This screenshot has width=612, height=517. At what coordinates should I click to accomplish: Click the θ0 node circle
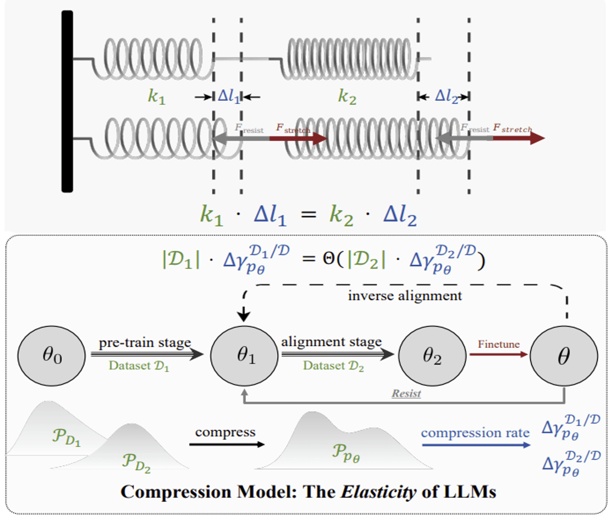pyautogui.click(x=51, y=356)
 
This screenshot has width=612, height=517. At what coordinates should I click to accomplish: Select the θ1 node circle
pyautogui.click(x=244, y=356)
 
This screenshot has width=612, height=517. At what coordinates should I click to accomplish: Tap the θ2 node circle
pyautogui.click(x=432, y=356)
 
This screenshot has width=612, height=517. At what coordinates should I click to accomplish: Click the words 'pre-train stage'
pyautogui.click(x=145, y=342)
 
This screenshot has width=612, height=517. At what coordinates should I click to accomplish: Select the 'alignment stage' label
pyautogui.click(x=331, y=342)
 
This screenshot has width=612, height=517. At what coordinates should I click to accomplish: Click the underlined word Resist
pyautogui.click(x=407, y=393)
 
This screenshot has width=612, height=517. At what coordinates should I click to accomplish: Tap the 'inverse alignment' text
pyautogui.click(x=405, y=296)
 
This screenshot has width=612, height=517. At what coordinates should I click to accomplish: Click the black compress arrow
pyautogui.click(x=227, y=445)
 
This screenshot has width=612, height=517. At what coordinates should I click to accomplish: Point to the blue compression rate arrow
pyautogui.click(x=476, y=445)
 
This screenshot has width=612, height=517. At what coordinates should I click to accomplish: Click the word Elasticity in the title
pyautogui.click(x=378, y=492)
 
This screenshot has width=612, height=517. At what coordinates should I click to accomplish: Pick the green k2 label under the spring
pyautogui.click(x=347, y=97)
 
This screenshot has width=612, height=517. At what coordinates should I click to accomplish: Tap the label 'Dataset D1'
pyautogui.click(x=139, y=366)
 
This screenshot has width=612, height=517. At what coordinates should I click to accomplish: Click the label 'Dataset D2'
pyautogui.click(x=333, y=366)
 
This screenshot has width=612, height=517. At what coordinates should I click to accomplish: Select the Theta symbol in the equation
pyautogui.click(x=329, y=259)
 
